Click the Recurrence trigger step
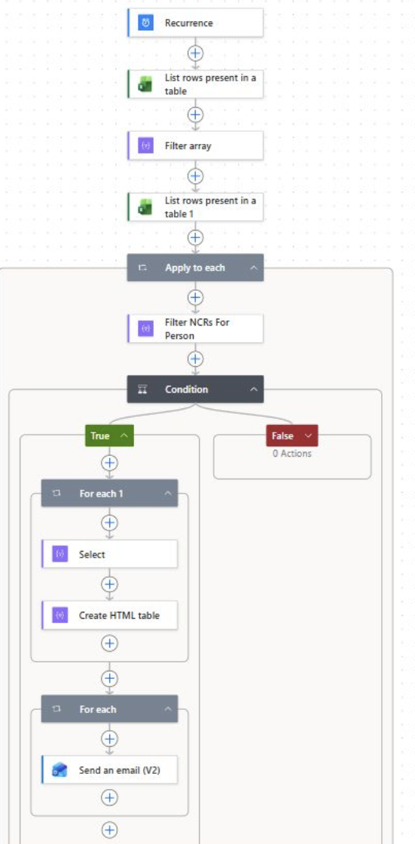pyautogui.click(x=195, y=23)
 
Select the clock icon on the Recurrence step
pyautogui.click(x=145, y=23)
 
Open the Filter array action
pyautogui.click(x=195, y=146)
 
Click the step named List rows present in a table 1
pyautogui.click(x=195, y=206)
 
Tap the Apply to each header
pyautogui.click(x=195, y=268)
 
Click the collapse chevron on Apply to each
pyautogui.click(x=254, y=268)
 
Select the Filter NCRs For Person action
pyautogui.click(x=195, y=329)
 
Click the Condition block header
pyautogui.click(x=195, y=389)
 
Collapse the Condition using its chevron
pyautogui.click(x=254, y=389)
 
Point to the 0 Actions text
pyautogui.click(x=291, y=453)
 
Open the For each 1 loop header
pyautogui.click(x=109, y=493)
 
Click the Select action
pyautogui.click(x=109, y=554)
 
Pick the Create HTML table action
pyautogui.click(x=109, y=615)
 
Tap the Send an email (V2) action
pyautogui.click(x=109, y=770)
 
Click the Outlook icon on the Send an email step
pyautogui.click(x=60, y=770)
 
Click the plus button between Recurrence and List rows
pyautogui.click(x=195, y=54)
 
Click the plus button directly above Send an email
pyautogui.click(x=109, y=738)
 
